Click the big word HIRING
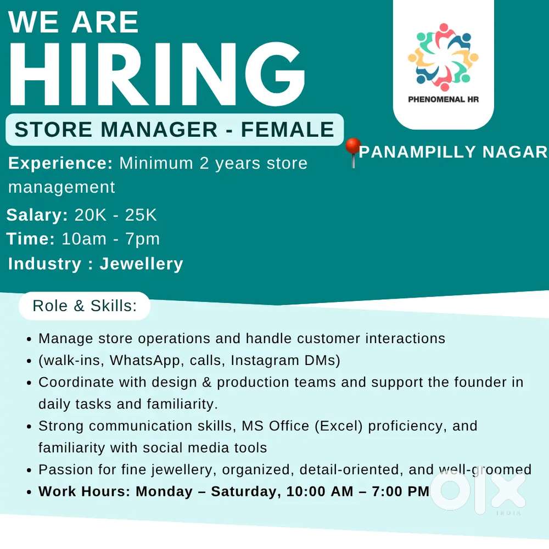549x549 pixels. pyautogui.click(x=157, y=74)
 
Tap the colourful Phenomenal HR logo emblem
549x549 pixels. pyautogui.click(x=443, y=57)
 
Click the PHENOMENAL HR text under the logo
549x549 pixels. pyautogui.click(x=443, y=99)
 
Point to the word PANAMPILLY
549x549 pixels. pyautogui.click(x=417, y=152)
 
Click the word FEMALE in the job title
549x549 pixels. pyautogui.click(x=288, y=129)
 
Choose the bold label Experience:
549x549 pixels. pyautogui.click(x=60, y=164)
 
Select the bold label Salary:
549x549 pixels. pyautogui.click(x=37, y=215)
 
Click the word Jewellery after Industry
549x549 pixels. pyautogui.click(x=142, y=264)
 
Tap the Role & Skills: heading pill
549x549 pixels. pyautogui.click(x=85, y=306)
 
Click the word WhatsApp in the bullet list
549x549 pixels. pyautogui.click(x=144, y=360)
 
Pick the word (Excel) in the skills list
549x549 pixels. pyautogui.click(x=339, y=426)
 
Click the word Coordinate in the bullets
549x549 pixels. pyautogui.click(x=76, y=382)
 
